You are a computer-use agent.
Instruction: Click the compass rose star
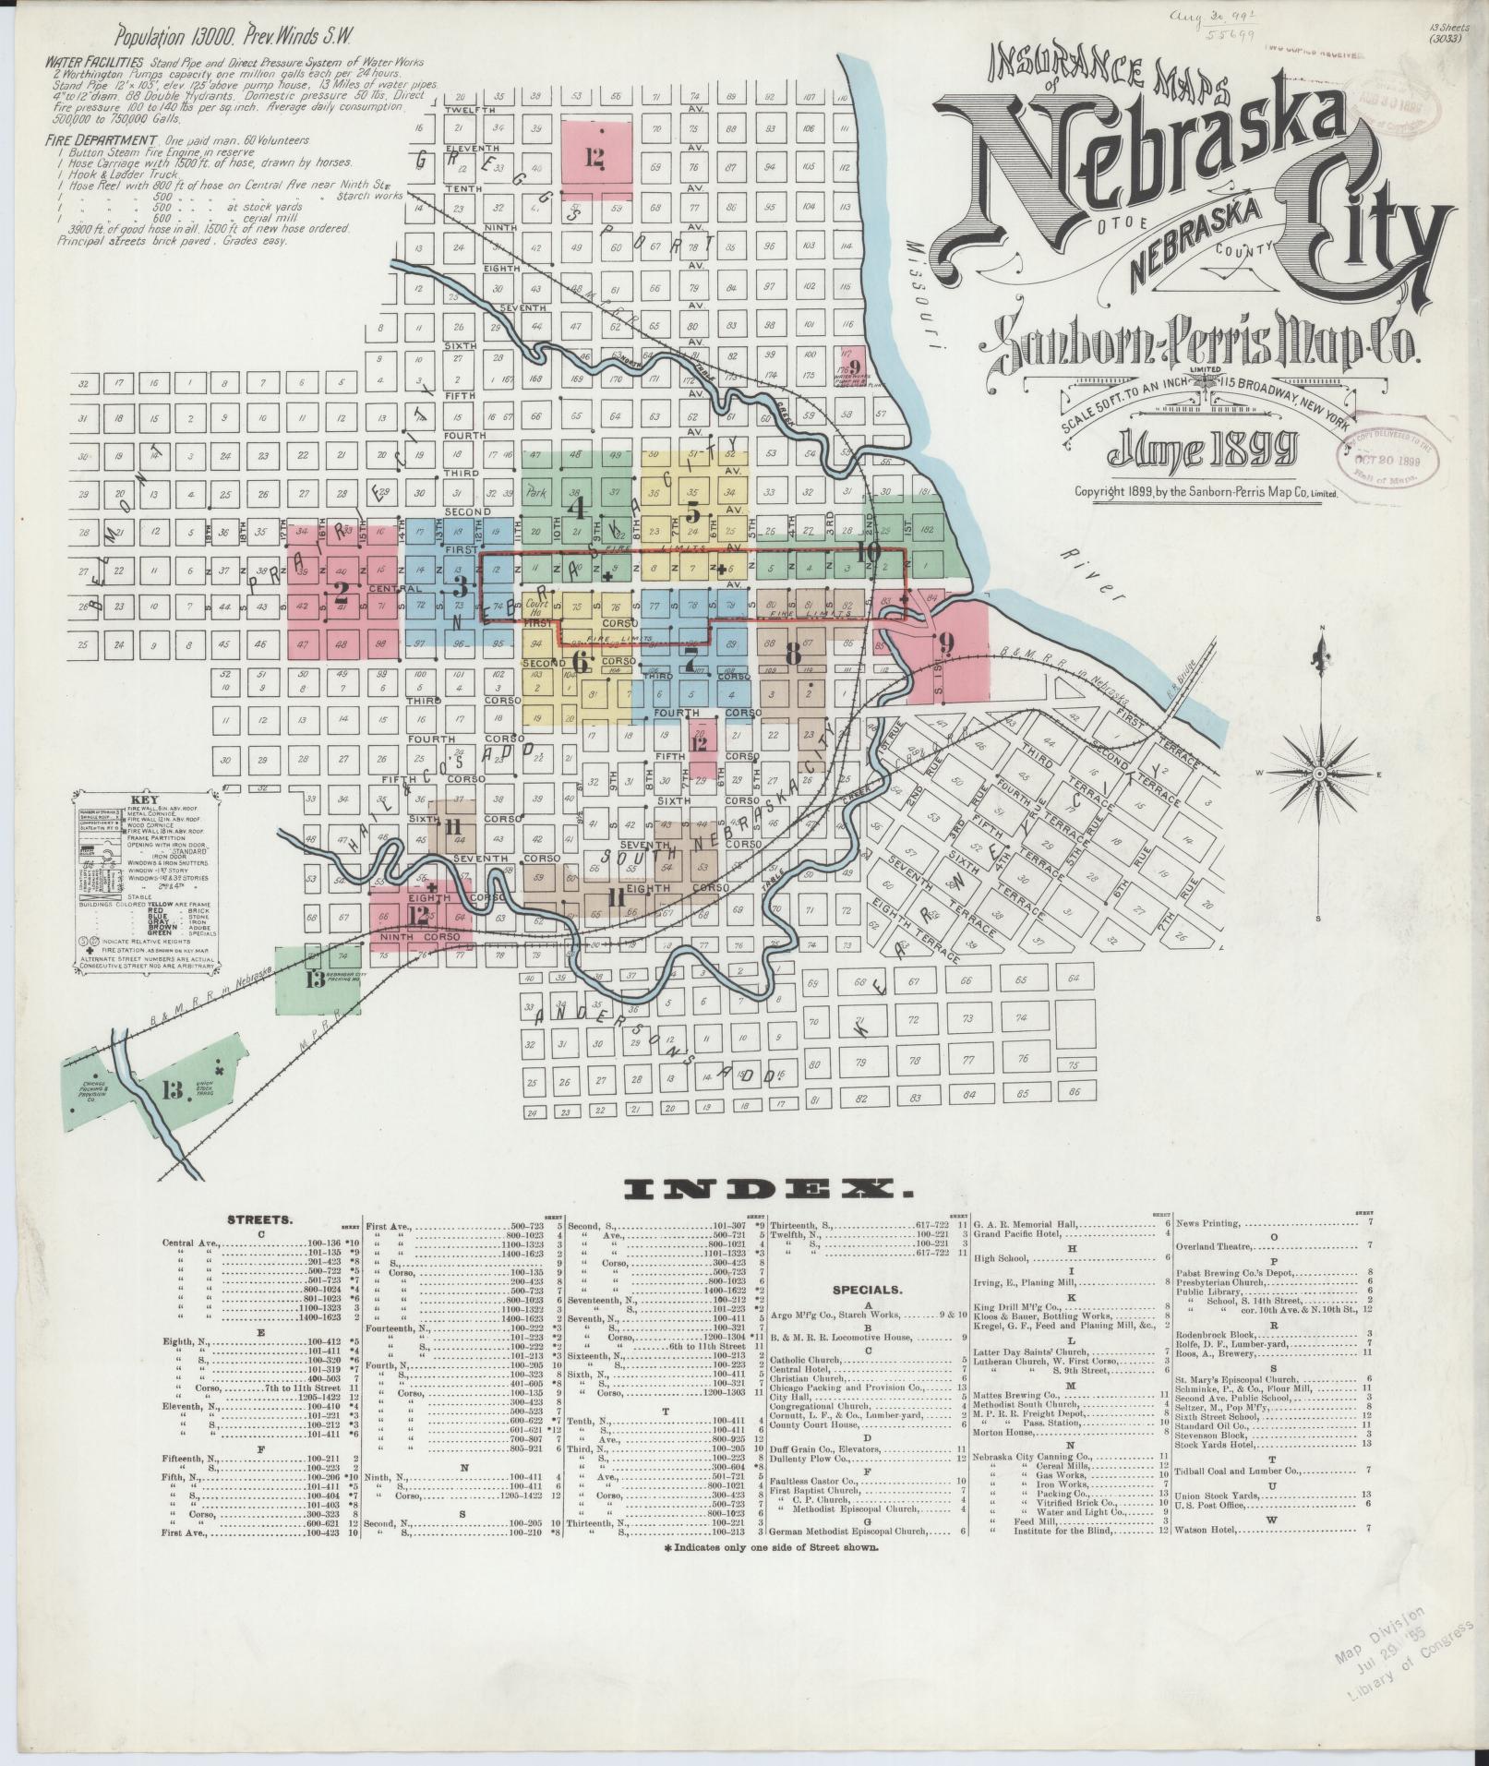[1319, 773]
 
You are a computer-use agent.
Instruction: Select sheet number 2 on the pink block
[342, 591]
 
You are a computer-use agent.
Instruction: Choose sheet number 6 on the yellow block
[581, 662]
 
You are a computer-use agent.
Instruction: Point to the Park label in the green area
[536, 493]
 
